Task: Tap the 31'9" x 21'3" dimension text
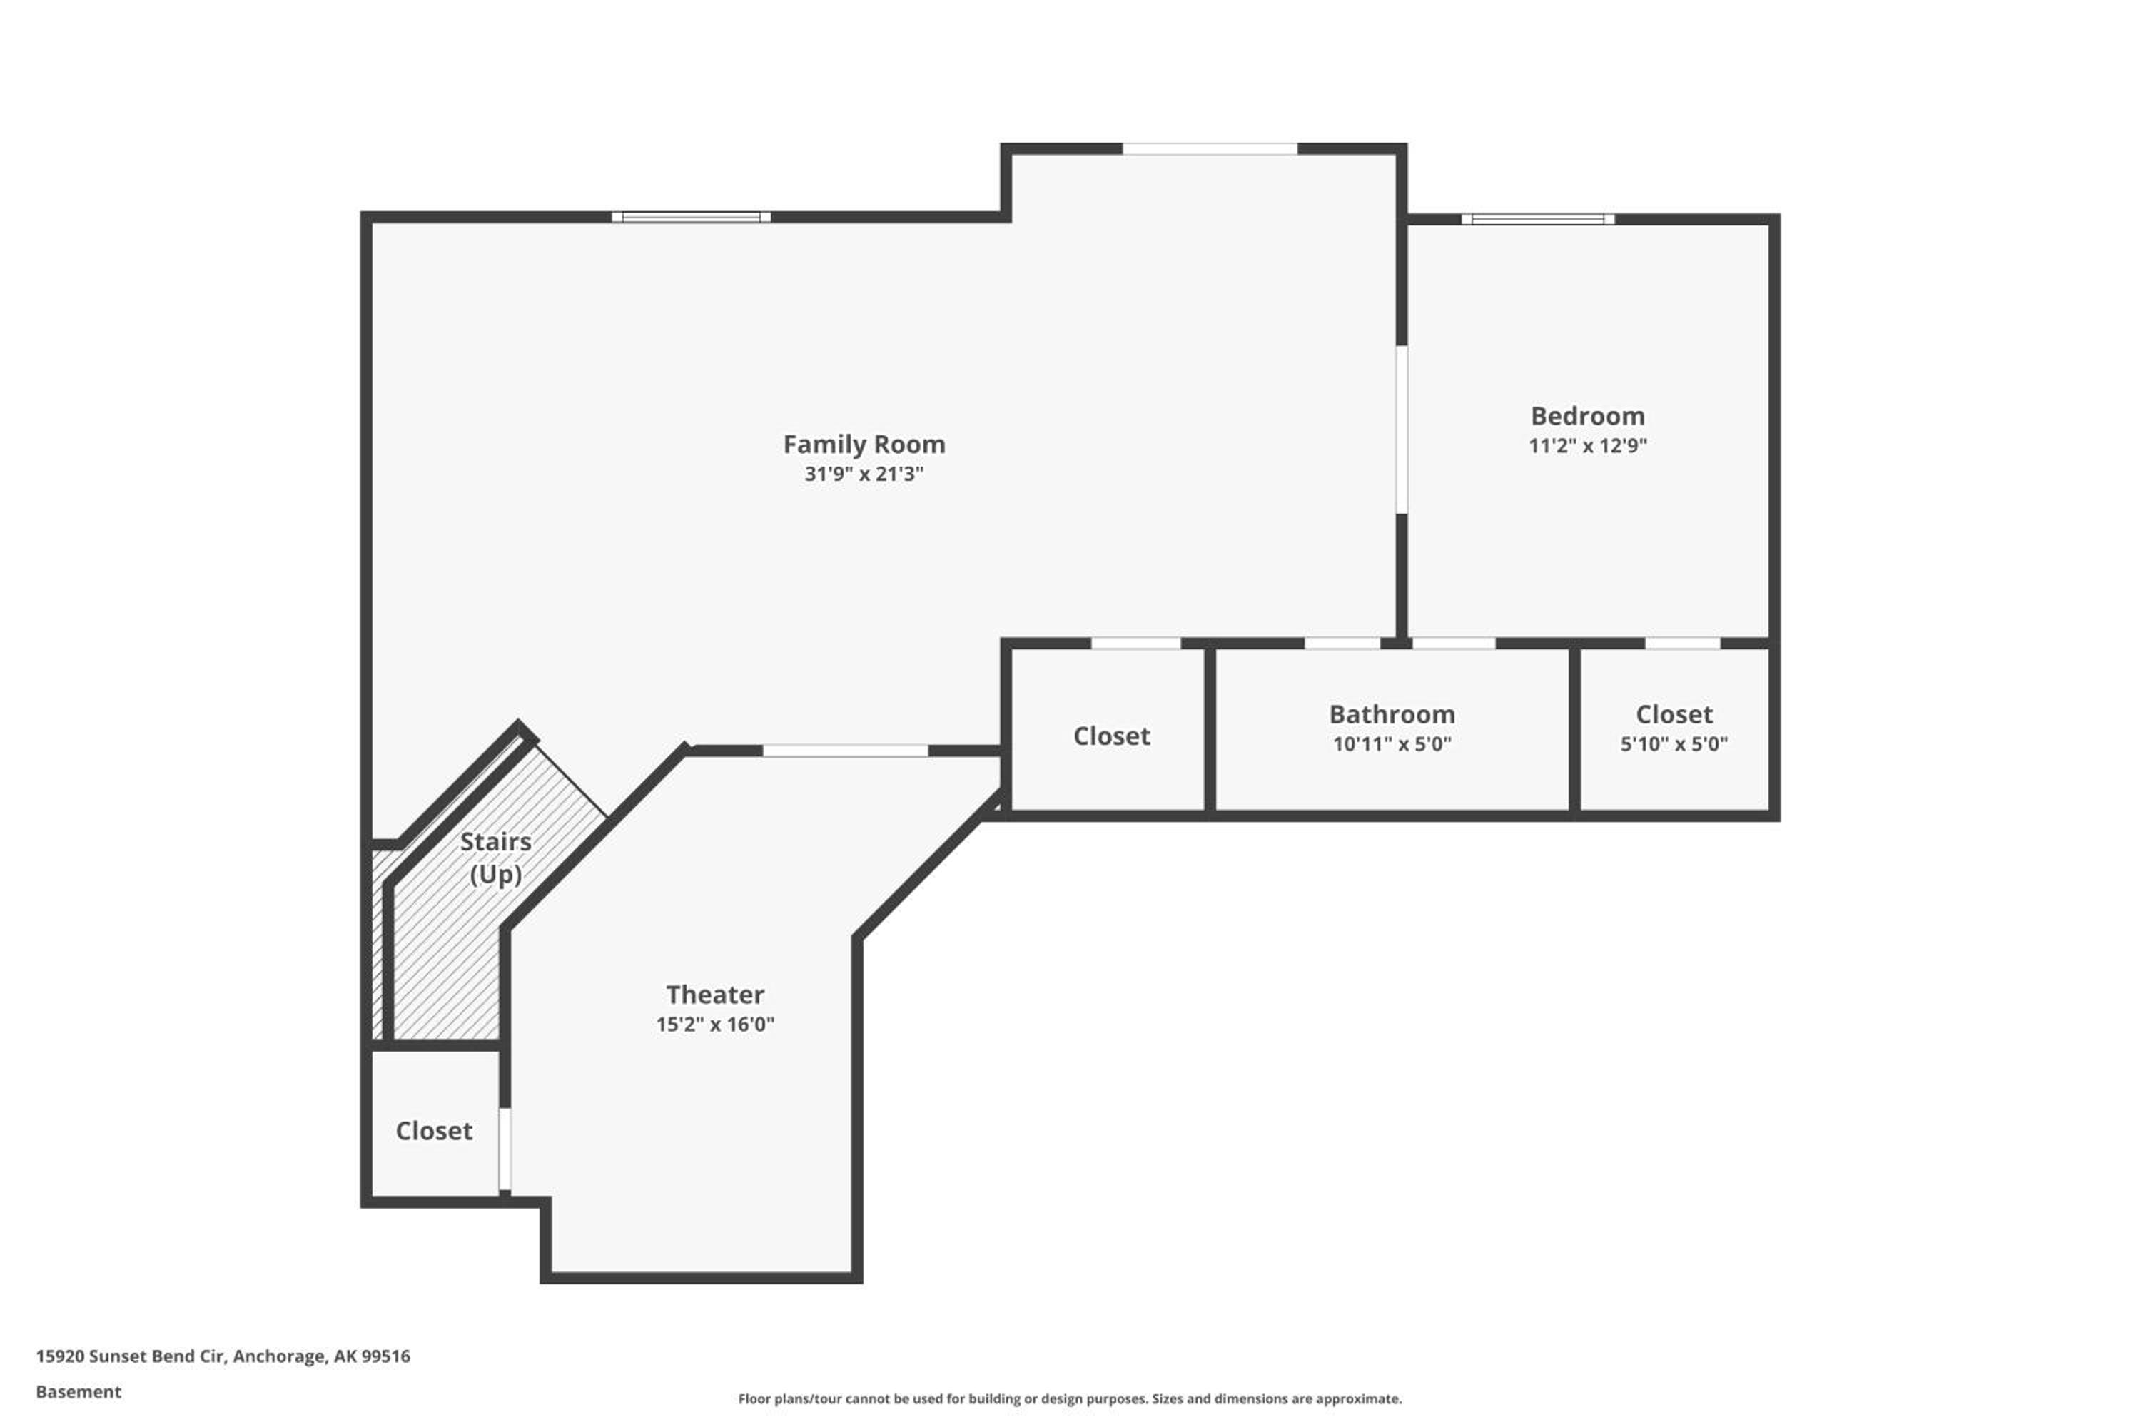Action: pos(864,473)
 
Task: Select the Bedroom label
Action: pos(1587,416)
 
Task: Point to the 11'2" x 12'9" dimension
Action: pos(1587,445)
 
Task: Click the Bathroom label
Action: pos(1392,714)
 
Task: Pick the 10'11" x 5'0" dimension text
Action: pos(1392,743)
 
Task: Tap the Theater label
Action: pos(714,995)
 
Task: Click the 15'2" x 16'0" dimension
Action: pos(714,1024)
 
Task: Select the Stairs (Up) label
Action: pos(495,858)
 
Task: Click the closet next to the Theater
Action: pos(434,1126)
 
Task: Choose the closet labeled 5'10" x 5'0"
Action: pos(1674,729)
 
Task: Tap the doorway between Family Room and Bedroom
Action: pos(1402,430)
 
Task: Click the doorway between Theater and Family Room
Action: pos(846,751)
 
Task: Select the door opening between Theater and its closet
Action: pos(505,1149)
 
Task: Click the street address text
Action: pos(223,1356)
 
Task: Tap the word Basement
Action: pos(79,1391)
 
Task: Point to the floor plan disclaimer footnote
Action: pos(1070,1398)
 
